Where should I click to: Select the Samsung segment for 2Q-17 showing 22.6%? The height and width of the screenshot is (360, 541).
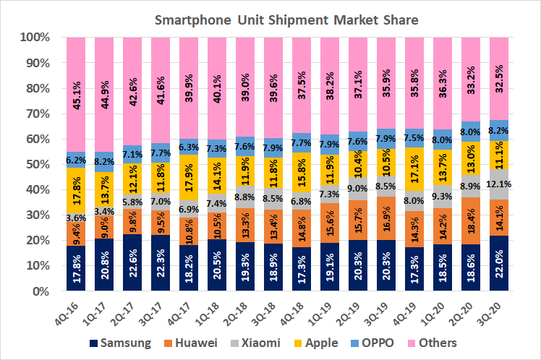pos(132,263)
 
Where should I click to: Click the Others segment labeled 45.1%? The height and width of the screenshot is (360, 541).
pos(76,94)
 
